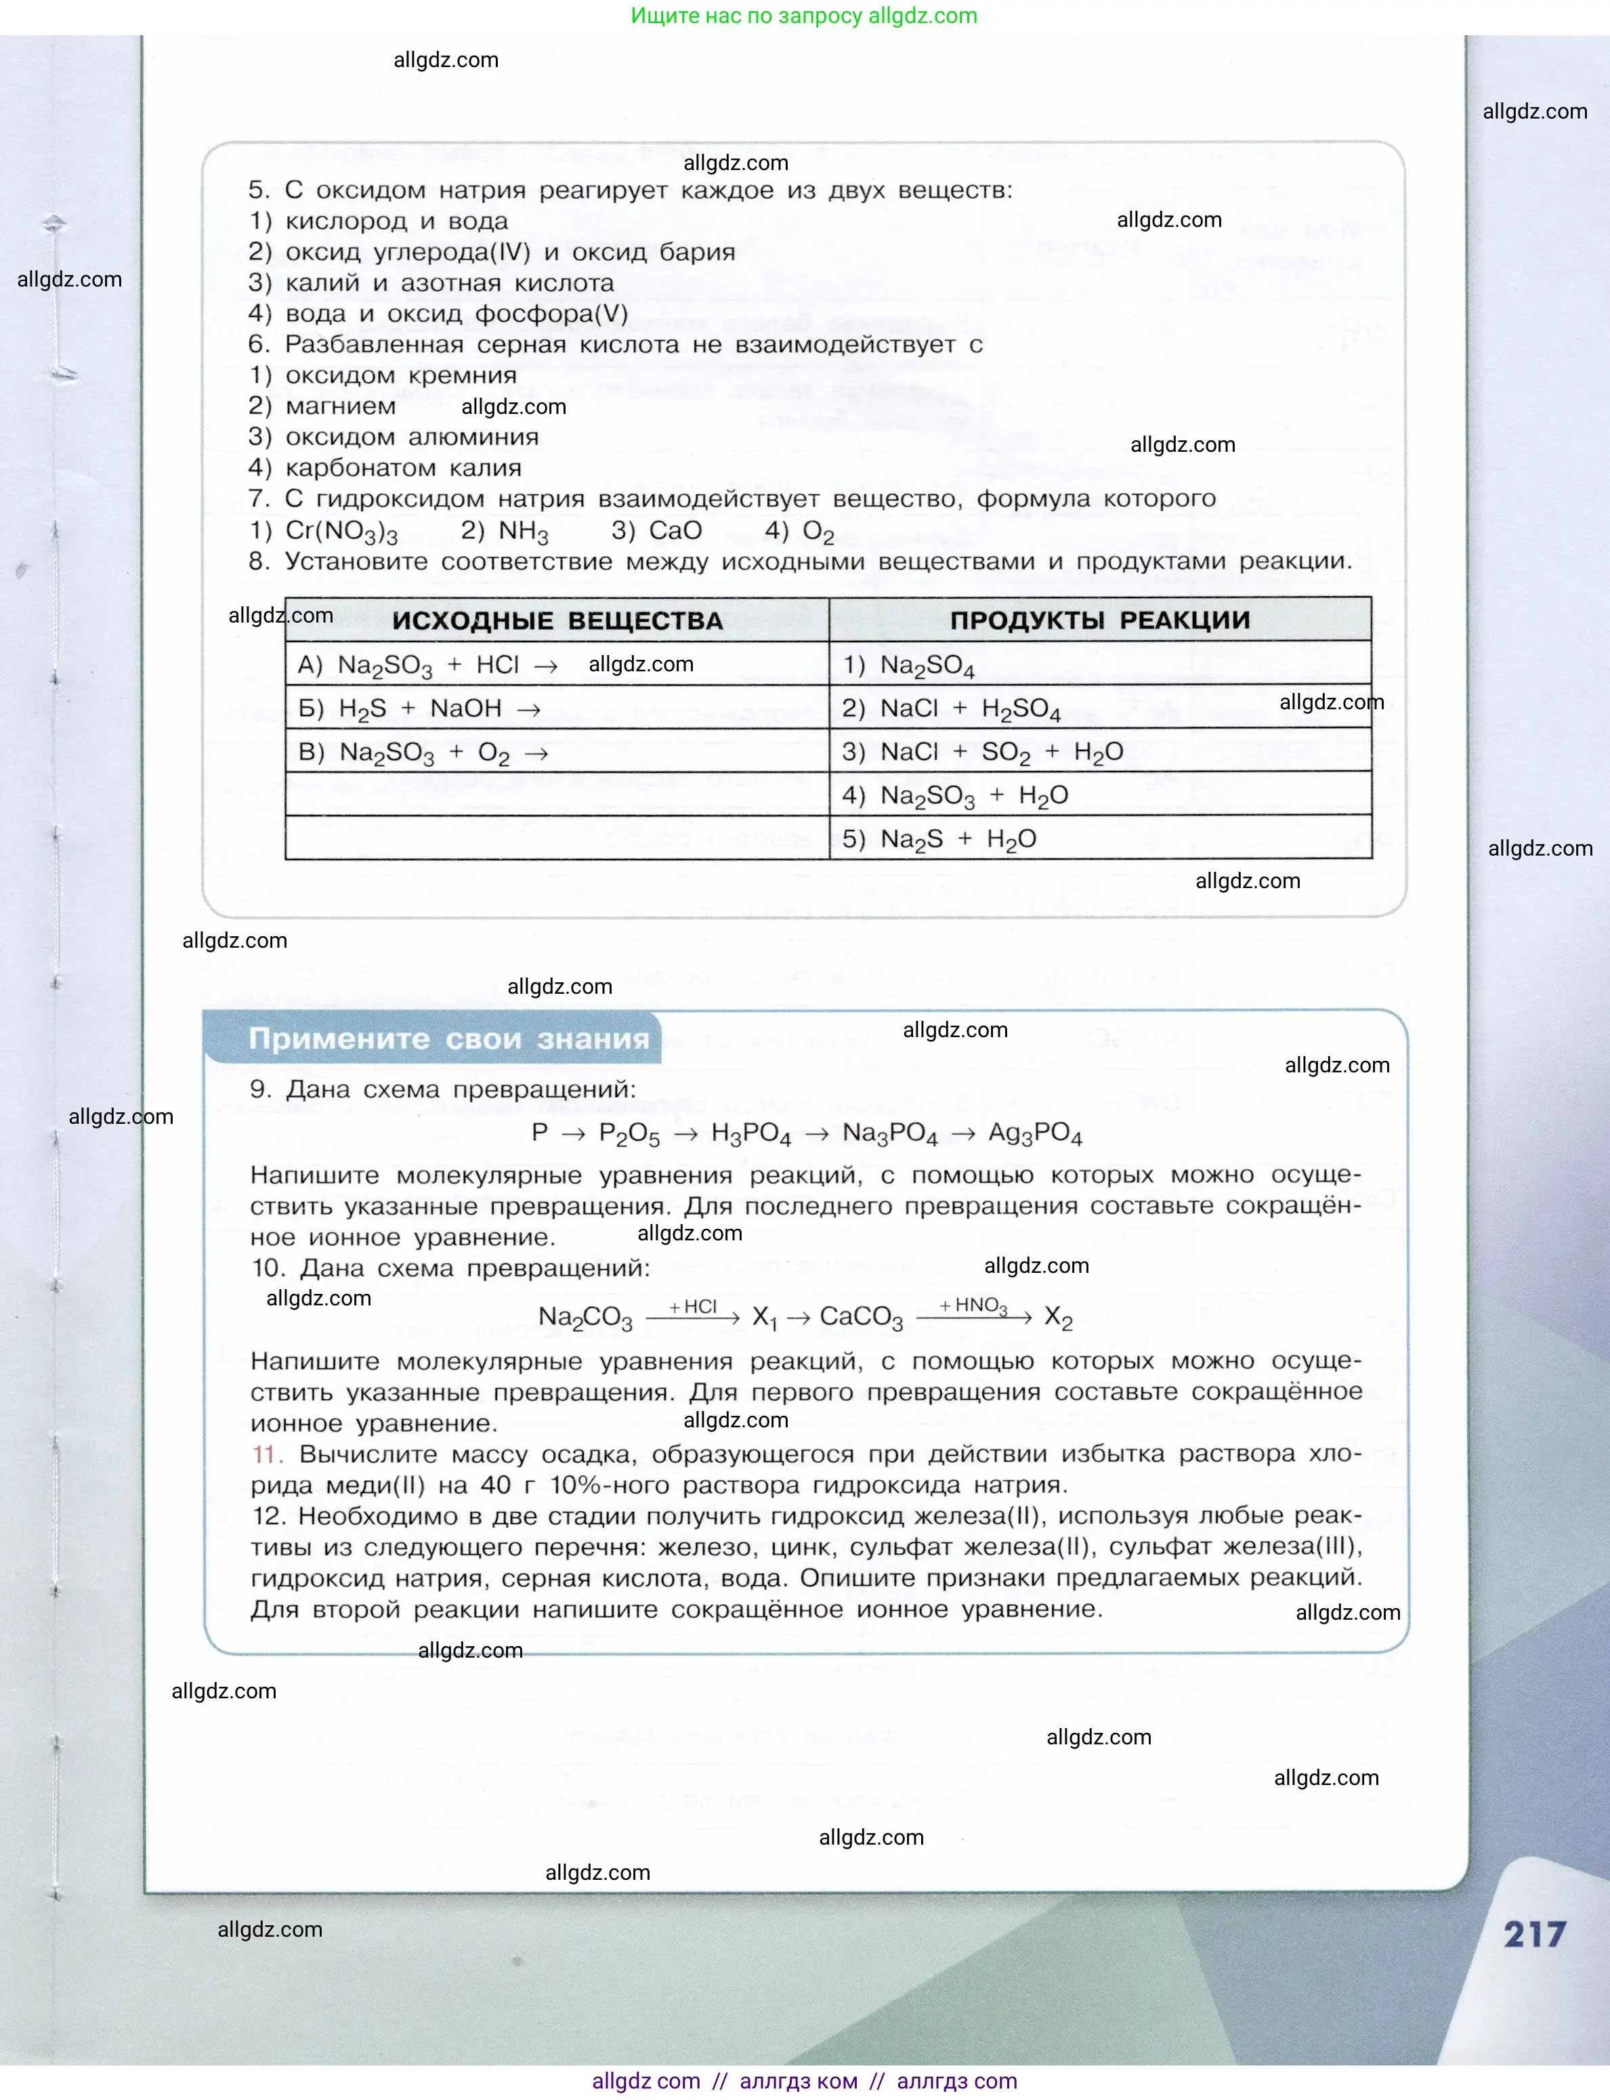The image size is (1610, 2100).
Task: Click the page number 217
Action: pos(1533,1933)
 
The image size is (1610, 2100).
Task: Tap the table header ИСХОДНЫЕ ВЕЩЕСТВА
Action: pos(557,620)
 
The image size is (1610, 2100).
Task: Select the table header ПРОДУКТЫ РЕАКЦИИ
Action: pos(1099,620)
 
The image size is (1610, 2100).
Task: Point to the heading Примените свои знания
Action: pos(448,1039)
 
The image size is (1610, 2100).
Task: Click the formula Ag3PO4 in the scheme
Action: pos(1035,1134)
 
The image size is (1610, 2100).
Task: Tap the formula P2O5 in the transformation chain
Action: pos(629,1135)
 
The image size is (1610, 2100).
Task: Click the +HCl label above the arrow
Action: pos(693,1306)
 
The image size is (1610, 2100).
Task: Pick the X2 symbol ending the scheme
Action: pos(1058,1318)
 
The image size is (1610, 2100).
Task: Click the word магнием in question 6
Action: pos(340,406)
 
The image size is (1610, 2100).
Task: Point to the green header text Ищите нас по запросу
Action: pos(748,16)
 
